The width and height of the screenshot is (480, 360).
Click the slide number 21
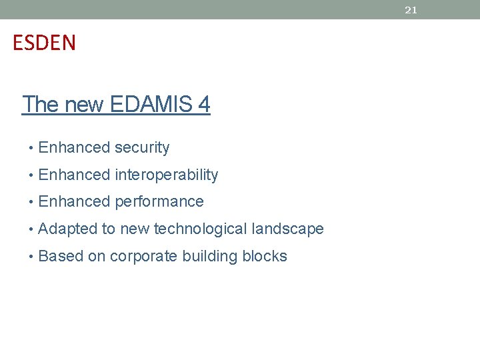[411, 10]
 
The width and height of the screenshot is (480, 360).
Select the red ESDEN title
[45, 43]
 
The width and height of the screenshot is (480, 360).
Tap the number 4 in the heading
[203, 105]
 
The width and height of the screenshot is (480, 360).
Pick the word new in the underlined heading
[84, 105]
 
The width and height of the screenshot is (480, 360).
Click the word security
[142, 148]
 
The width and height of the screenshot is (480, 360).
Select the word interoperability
[166, 175]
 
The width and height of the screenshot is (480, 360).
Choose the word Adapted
[68, 229]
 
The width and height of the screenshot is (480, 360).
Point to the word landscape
[288, 229]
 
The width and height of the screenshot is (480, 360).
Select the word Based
[61, 257]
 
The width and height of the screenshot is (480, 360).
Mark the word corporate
[141, 257]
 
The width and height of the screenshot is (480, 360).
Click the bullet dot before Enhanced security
[31, 148]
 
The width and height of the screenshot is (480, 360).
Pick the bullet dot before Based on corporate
[31, 257]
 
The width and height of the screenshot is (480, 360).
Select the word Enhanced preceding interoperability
[74, 175]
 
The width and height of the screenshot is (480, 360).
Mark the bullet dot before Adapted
[31, 229]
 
